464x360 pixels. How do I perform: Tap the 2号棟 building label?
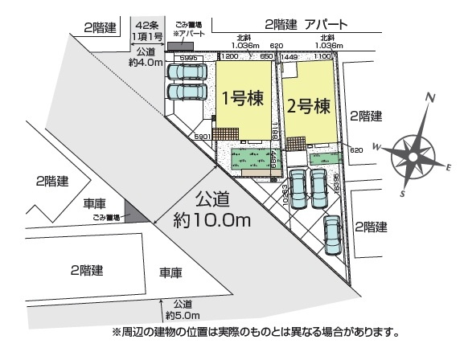tap(307, 104)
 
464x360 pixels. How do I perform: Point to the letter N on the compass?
tap(431, 100)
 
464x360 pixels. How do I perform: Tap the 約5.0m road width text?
tap(182, 315)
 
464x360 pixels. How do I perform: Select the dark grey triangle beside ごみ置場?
tap(138, 212)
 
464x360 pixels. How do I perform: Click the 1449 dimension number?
tap(290, 59)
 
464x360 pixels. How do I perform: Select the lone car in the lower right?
tap(333, 234)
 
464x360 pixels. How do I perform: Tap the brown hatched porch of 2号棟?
tap(296, 145)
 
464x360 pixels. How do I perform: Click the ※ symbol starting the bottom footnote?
tap(116, 331)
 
